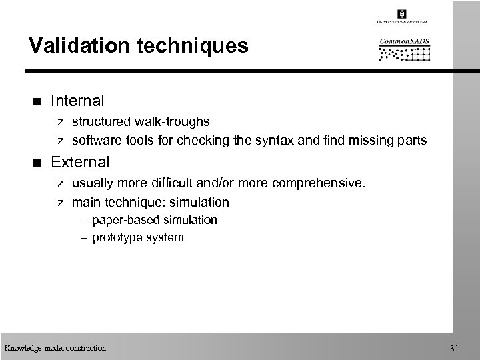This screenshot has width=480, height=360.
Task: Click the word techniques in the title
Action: [x=190, y=46]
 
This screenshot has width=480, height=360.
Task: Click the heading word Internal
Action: [x=78, y=101]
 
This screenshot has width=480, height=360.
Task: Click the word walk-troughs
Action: [x=170, y=122]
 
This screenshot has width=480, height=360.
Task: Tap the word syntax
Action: [x=280, y=141]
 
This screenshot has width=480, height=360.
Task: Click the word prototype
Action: [x=116, y=237]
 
